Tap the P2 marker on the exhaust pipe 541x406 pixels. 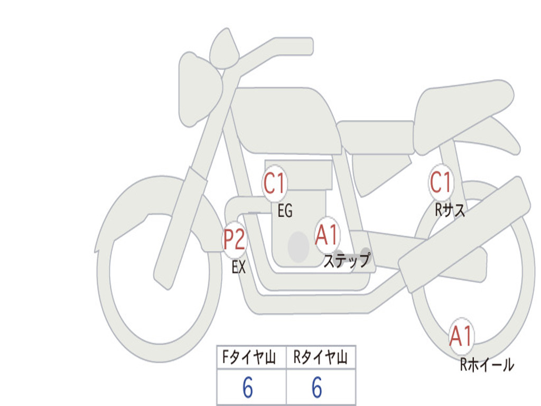(234, 240)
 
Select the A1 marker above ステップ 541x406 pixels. (327, 235)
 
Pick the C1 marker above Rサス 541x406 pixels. (441, 183)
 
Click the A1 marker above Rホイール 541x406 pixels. (461, 336)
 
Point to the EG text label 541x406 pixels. (285, 211)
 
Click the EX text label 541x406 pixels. (239, 267)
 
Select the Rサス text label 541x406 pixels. (450, 210)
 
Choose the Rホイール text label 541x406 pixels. (487, 365)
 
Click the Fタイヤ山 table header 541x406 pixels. (251, 358)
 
